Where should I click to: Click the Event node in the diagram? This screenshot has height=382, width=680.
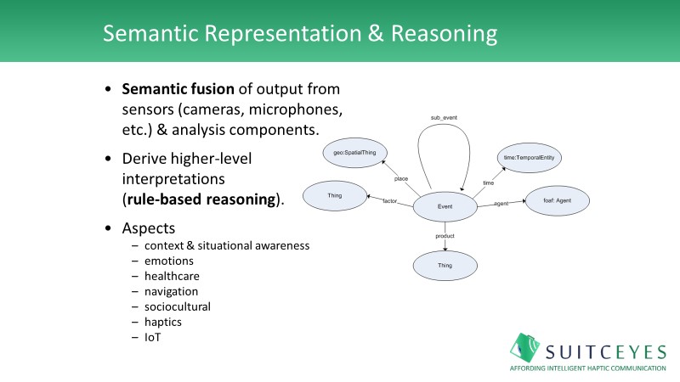445,205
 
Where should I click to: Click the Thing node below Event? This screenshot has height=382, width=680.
445,265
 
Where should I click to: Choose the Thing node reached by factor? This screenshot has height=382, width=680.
334,196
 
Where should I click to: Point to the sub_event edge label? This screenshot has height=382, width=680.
445,116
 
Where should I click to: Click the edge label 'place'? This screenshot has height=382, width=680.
402,178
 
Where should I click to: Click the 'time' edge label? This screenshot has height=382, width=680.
488,182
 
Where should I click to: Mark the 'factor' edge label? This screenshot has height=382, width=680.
390,201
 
